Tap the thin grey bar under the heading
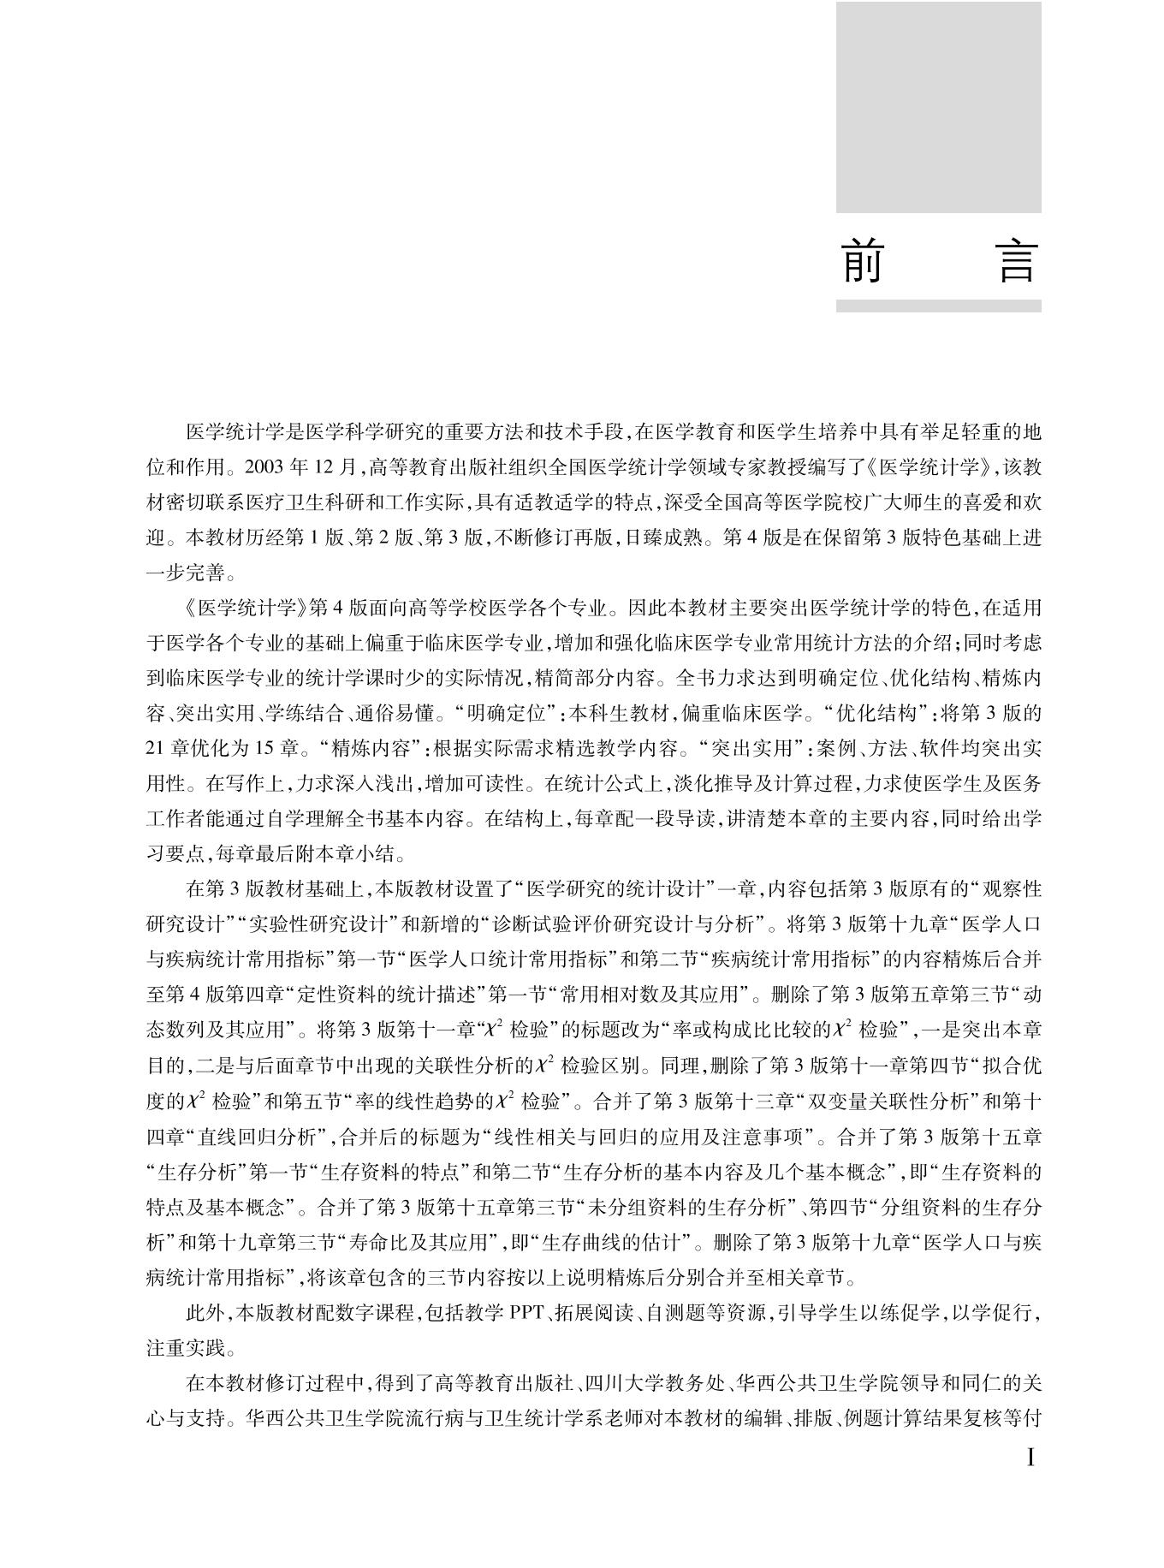click(938, 306)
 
